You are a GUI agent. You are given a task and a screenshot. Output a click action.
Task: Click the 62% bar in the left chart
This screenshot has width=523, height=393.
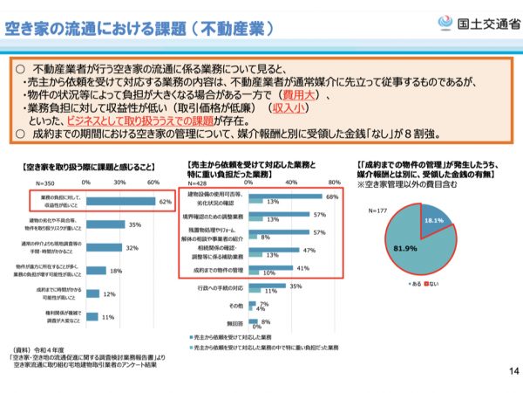[x=121, y=203]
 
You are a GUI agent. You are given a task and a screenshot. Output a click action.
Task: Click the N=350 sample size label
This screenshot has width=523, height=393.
[x=45, y=183]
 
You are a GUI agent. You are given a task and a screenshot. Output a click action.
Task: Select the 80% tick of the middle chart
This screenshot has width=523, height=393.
[x=333, y=183]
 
